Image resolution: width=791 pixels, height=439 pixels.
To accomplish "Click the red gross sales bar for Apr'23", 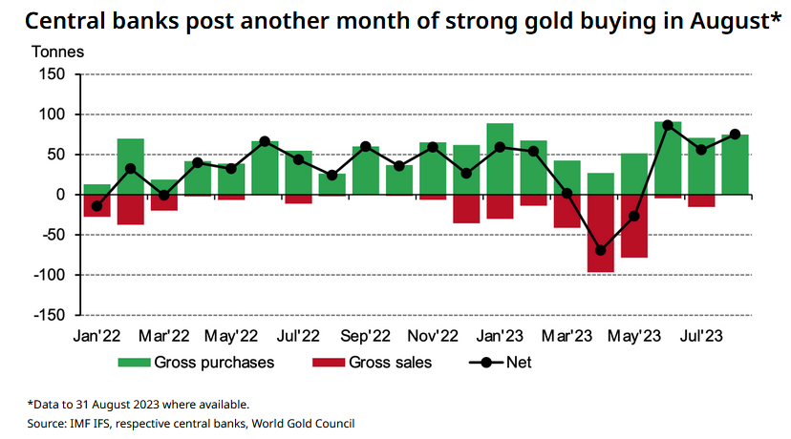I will point(601,234).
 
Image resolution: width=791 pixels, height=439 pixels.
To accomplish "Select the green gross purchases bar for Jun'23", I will point(668,158).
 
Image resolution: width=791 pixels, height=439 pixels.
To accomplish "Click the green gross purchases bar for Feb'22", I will point(131,167).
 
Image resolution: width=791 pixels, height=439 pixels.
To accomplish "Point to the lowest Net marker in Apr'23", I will point(601,250).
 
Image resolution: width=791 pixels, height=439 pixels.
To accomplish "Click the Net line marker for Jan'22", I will point(96,206).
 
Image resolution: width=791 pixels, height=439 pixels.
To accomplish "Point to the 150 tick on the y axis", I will point(53,74).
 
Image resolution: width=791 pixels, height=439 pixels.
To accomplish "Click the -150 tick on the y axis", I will point(50,315).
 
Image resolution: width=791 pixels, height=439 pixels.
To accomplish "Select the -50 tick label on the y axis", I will point(53,235).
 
